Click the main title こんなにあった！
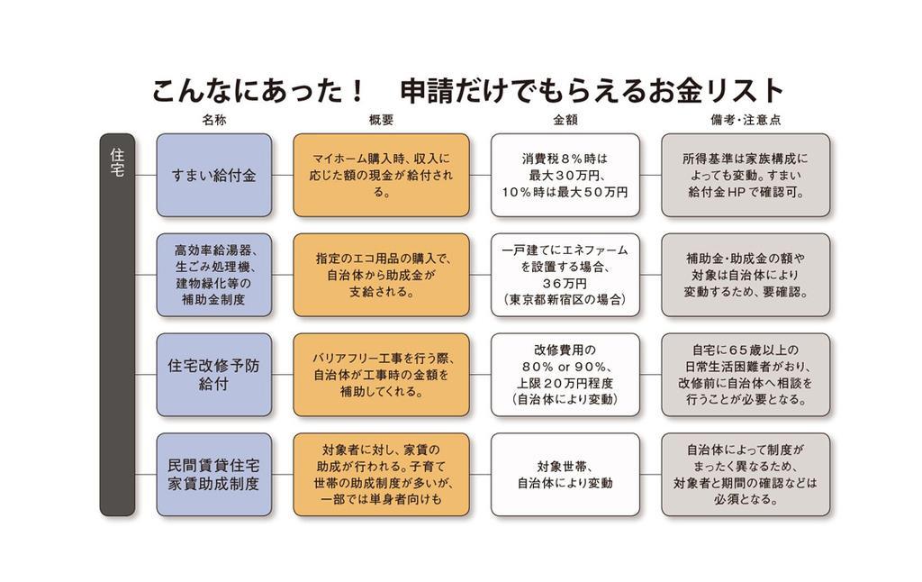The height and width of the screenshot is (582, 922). coord(258,91)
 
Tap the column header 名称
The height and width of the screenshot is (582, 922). coord(213,120)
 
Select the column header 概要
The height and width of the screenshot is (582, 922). coord(381,120)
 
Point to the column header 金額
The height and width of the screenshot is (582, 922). coord(565,120)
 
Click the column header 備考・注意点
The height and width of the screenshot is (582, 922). coord(745,120)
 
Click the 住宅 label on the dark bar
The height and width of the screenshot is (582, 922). coord(117,162)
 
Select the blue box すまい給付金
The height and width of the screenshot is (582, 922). coord(213,176)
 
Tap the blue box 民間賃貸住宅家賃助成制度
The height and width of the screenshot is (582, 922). coord(213,475)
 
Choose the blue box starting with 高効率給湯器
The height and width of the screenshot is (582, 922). coord(213,275)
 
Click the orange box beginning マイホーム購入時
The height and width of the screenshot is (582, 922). coord(381,176)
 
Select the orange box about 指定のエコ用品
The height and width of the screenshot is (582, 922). coord(381,275)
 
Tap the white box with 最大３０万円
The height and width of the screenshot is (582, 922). coord(565,176)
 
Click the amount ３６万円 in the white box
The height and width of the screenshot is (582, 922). coord(565,283)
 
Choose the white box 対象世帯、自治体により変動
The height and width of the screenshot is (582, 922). coord(565,475)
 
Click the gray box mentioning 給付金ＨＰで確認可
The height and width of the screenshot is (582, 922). coord(745,176)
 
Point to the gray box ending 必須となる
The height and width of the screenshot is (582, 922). coord(745,475)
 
